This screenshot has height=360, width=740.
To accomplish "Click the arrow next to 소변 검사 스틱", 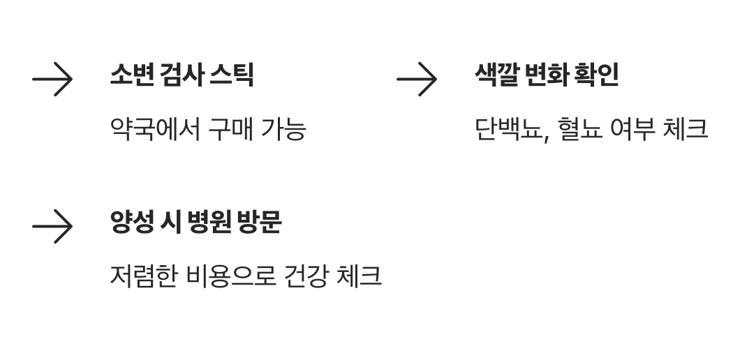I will point(52,79).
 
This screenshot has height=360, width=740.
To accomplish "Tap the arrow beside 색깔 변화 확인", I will point(417,79).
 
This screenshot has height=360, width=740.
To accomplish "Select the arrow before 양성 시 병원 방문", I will point(52,226).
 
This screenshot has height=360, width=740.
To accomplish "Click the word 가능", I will point(283,129).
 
